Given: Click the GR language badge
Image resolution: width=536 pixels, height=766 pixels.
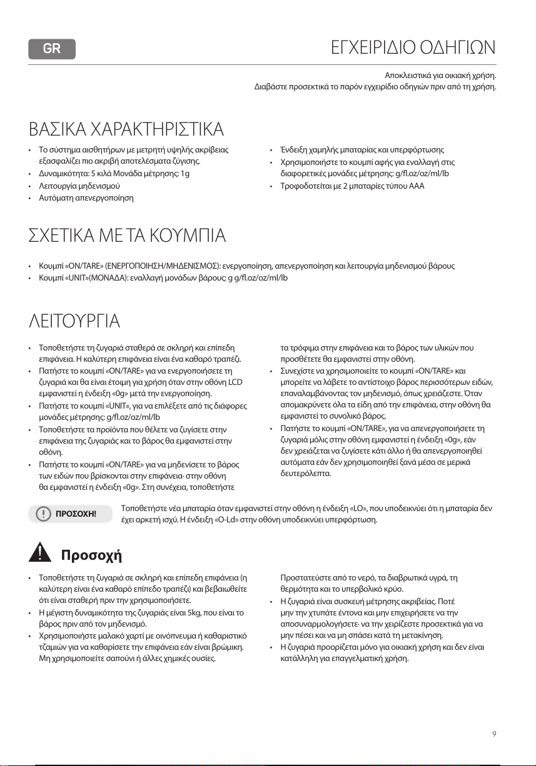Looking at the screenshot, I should tap(52, 49).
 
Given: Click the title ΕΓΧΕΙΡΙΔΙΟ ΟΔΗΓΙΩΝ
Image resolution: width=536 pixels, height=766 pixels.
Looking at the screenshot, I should tap(413, 47).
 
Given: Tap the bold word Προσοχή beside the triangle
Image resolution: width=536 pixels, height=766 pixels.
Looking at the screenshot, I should tap(91, 555).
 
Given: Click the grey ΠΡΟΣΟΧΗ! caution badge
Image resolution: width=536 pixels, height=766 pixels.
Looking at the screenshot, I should tap(69, 514).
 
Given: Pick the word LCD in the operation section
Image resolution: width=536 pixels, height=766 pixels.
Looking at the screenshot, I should tap(233, 382).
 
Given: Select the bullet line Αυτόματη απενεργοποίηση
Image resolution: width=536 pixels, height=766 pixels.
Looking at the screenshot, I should tap(85, 198).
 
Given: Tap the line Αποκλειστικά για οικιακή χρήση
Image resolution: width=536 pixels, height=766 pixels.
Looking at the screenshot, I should tap(442, 76).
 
